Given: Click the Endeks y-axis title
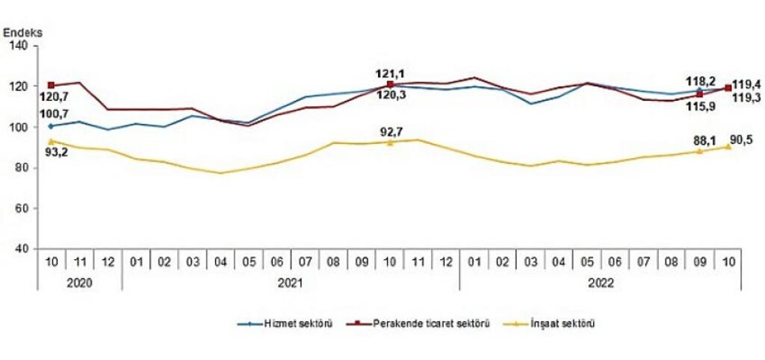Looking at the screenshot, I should pyautogui.click(x=22, y=32).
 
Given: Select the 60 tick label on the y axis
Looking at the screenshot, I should pyautogui.click(x=22, y=208).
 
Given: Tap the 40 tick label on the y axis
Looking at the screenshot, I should pyautogui.click(x=22, y=249).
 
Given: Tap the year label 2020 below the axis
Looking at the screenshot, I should pyautogui.click(x=78, y=282).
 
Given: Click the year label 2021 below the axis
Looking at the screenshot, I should pyautogui.click(x=290, y=282).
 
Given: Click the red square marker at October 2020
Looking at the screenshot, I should pyautogui.click(x=51, y=86).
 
